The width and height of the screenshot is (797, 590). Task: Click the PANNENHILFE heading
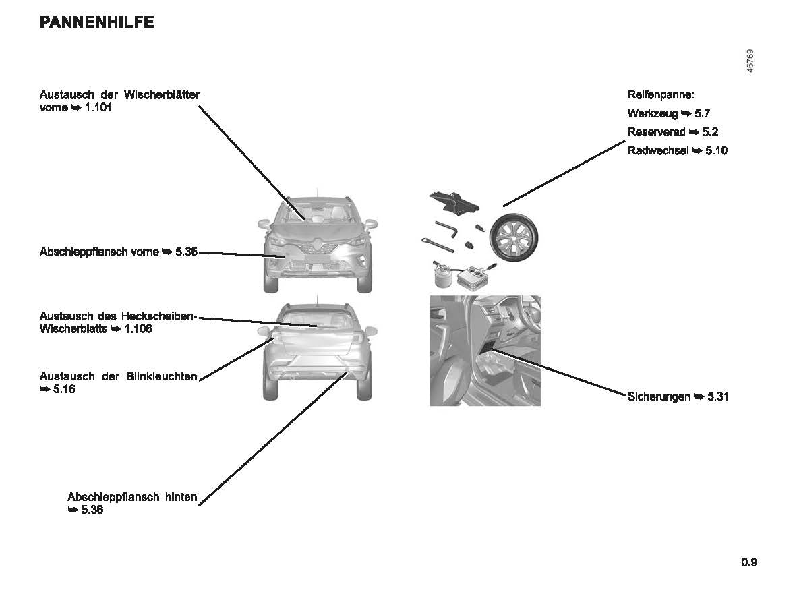pyautogui.click(x=97, y=22)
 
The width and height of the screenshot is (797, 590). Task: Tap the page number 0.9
pyautogui.click(x=749, y=562)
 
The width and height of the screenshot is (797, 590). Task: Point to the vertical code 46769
pyautogui.click(x=750, y=61)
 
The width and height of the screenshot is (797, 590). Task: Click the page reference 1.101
pyautogui.click(x=98, y=107)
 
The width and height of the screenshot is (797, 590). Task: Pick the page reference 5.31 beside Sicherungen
pyautogui.click(x=718, y=396)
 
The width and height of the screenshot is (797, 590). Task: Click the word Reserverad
pyautogui.click(x=656, y=132)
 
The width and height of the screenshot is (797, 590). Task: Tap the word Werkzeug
pyautogui.click(x=653, y=114)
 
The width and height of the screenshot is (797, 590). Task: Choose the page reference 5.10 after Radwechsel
pyautogui.click(x=717, y=150)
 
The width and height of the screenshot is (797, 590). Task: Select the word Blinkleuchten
pyautogui.click(x=161, y=376)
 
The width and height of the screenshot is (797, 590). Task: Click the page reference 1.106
pyautogui.click(x=138, y=328)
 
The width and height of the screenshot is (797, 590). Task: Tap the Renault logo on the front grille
pyautogui.click(x=316, y=247)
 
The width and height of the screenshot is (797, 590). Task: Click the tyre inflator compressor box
pyautogui.click(x=474, y=276)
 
